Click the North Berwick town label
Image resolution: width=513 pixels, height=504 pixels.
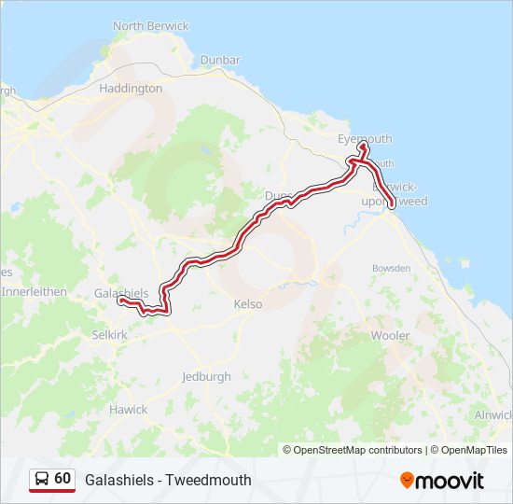click(x=150, y=26)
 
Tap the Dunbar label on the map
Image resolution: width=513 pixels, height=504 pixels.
click(x=219, y=61)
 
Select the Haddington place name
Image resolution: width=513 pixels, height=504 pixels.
click(x=131, y=89)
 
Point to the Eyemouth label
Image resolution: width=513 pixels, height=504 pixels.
click(x=364, y=139)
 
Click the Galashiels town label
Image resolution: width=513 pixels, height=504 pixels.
click(x=121, y=293)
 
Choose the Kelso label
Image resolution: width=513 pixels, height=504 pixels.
click(x=247, y=304)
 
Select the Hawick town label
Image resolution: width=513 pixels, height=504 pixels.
click(x=128, y=410)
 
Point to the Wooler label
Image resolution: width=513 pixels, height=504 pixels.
click(x=390, y=334)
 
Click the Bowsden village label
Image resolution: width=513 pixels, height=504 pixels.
click(x=391, y=268)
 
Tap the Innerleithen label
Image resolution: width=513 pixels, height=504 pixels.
click(x=35, y=291)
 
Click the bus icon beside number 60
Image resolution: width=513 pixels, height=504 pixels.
click(x=42, y=479)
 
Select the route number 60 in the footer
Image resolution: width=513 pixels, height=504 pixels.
click(x=62, y=479)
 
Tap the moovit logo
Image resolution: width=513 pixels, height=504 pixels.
click(x=442, y=480)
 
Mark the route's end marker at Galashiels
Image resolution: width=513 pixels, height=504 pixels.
click(x=120, y=301)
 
